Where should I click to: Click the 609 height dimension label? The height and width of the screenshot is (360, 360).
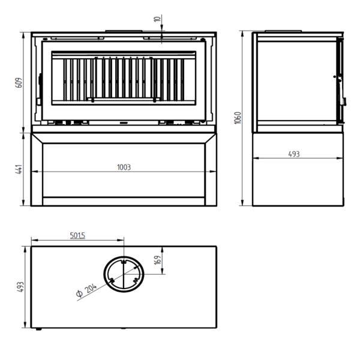pos(19,83)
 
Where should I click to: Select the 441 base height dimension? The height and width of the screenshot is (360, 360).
pos(19,169)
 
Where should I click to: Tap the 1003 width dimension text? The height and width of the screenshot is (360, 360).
pos(124,167)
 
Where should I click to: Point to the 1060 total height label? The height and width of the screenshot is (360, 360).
pos(238,118)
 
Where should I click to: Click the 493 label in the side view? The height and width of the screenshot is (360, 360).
pos(294,154)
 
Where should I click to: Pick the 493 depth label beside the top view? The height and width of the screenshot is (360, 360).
pos(20,287)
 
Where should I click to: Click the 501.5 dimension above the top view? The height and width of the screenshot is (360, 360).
pos(77,235)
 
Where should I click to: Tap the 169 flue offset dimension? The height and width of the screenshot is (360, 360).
pos(158,260)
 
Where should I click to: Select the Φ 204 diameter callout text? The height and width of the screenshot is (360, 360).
pos(86,290)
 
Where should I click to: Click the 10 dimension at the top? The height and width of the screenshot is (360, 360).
pos(157,19)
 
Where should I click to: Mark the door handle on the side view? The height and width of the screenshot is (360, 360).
pos(344,101)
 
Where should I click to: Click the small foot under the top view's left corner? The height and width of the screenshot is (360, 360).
pos(38,329)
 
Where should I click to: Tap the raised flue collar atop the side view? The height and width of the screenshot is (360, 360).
pos(283,31)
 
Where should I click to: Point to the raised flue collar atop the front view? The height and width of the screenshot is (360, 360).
pos(124,31)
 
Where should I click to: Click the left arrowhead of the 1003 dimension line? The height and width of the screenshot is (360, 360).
pos(34,171)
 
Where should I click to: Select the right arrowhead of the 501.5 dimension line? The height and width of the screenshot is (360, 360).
pos(121,240)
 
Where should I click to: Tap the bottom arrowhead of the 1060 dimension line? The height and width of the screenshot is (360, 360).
pos(242,203)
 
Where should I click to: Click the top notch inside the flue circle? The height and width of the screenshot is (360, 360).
pos(124,261)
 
